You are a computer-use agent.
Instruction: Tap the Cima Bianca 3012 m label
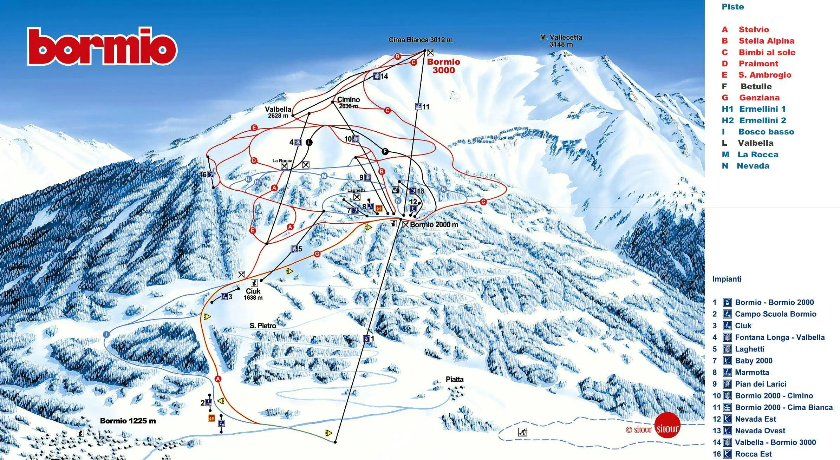pyautogui.click(x=420, y=40)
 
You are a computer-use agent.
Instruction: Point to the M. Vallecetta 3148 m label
pyautogui.click(x=561, y=40)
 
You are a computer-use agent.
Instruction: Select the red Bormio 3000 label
pyautogui.click(x=443, y=66)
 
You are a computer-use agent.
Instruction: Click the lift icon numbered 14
pyautogui.click(x=377, y=76)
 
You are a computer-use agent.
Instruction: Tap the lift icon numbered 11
pyautogui.click(x=418, y=106)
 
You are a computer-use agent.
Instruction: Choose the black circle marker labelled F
pyautogui.click(x=385, y=151)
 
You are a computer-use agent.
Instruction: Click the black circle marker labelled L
pyautogui.click(x=309, y=142)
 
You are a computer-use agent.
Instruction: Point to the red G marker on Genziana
pyautogui.click(x=317, y=254)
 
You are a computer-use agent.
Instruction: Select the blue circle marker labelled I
pyautogui.click(x=106, y=334)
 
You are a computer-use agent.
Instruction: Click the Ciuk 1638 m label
pyautogui.click(x=253, y=294)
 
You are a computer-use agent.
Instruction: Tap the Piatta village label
pyautogui.click(x=454, y=379)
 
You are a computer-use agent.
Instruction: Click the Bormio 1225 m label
pyautogui.click(x=128, y=421)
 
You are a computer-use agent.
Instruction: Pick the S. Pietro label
pyautogui.click(x=262, y=326)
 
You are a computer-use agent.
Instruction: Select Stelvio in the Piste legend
pyautogui.click(x=753, y=29)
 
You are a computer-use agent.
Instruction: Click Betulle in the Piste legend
pyautogui.click(x=756, y=86)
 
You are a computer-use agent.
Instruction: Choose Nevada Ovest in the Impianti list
pyautogui.click(x=760, y=431)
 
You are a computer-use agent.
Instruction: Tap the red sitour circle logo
pyautogui.click(x=667, y=425)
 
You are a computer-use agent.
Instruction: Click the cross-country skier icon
pyautogui.click(x=522, y=432)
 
